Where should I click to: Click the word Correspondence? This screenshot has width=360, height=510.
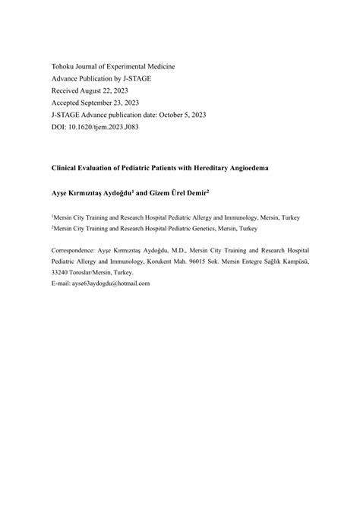pos(73,249)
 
